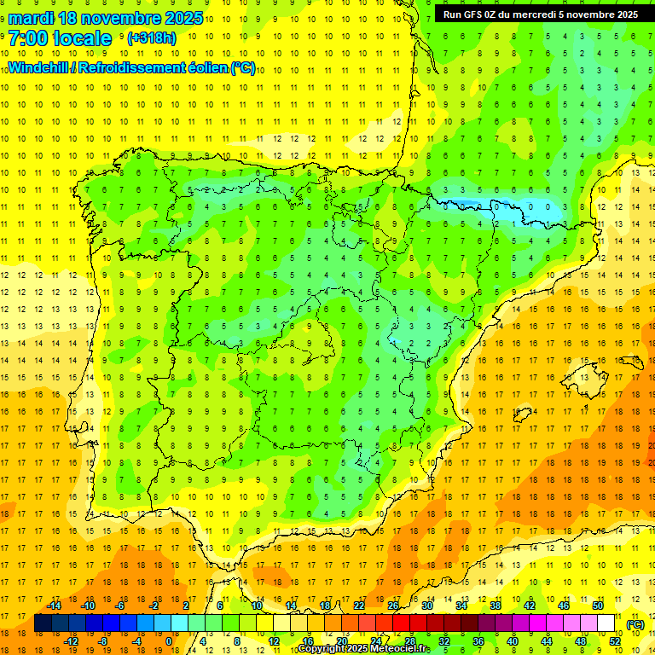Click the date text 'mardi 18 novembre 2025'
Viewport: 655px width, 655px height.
[106, 17]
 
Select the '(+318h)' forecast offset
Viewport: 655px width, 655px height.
[151, 38]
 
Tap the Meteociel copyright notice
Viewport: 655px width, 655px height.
[362, 649]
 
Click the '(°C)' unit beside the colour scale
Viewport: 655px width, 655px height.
[635, 624]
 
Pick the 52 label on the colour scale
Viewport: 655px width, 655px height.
[614, 641]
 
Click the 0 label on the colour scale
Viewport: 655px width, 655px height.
[169, 641]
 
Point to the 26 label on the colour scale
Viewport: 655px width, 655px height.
[392, 606]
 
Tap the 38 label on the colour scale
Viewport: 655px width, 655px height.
[495, 606]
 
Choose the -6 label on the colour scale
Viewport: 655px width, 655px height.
[119, 606]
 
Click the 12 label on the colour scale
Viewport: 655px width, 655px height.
[273, 641]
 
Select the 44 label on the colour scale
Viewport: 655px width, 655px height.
[546, 641]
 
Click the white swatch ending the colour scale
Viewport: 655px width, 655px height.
[606, 623]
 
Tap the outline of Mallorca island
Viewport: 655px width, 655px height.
[584, 372]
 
